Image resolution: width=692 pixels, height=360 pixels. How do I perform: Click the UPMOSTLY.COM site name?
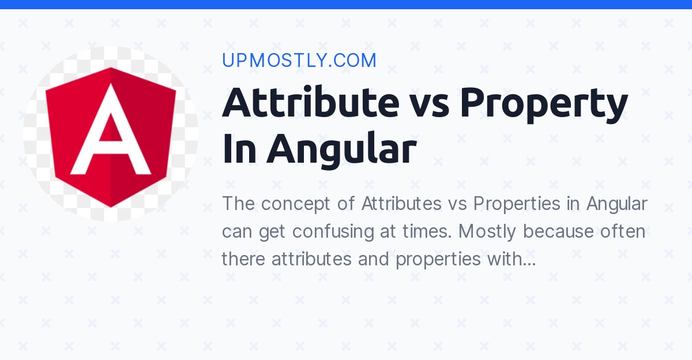click(299, 61)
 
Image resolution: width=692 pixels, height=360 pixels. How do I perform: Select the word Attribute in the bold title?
click(310, 102)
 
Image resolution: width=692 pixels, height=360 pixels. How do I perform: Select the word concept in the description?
click(310, 204)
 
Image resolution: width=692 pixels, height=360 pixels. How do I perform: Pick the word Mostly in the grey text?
click(490, 232)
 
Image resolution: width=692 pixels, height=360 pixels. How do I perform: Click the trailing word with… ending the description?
click(511, 260)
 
